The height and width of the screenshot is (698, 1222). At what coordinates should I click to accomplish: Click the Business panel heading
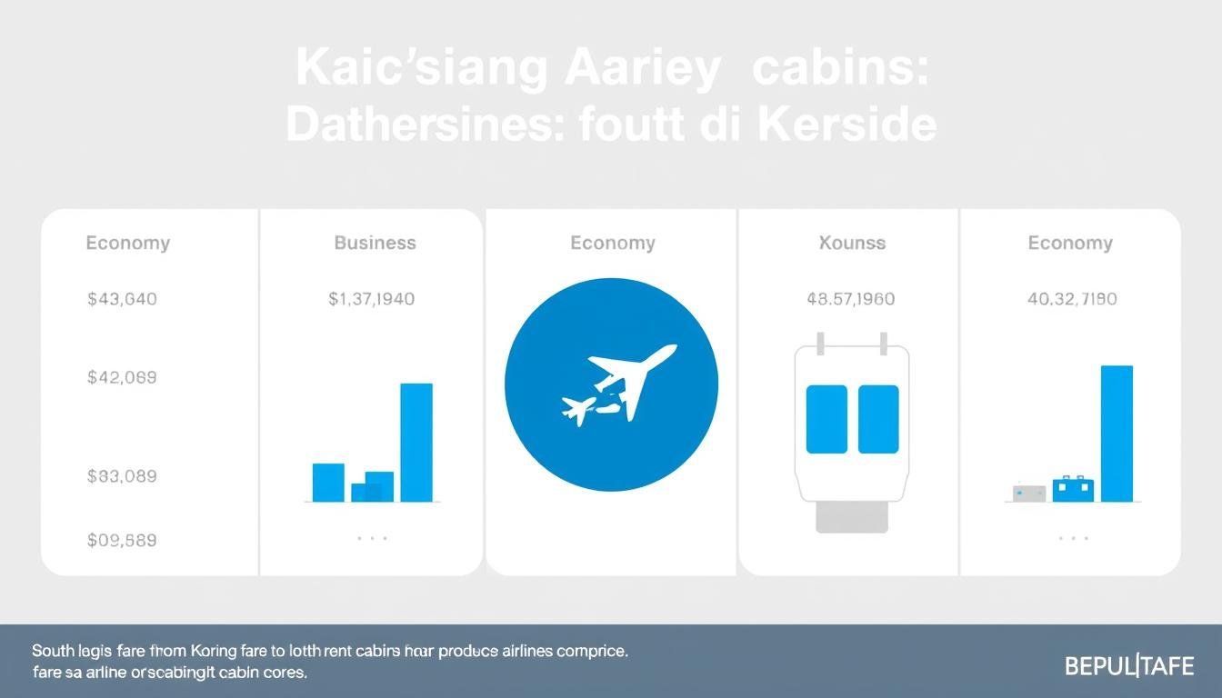click(x=375, y=243)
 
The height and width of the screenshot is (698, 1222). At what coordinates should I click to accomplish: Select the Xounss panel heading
click(x=852, y=243)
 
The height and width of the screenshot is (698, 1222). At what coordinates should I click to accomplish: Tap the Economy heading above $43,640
click(x=127, y=243)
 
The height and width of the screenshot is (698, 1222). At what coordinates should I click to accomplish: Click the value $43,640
click(x=122, y=298)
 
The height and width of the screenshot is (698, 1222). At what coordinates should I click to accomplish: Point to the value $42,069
click(x=122, y=376)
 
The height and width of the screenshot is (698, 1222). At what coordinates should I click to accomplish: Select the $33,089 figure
click(x=122, y=475)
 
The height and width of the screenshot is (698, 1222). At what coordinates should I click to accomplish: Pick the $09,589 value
click(x=122, y=540)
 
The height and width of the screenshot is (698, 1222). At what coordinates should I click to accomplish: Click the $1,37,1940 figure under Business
click(x=371, y=298)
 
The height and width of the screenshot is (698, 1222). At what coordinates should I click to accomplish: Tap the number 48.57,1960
click(x=850, y=298)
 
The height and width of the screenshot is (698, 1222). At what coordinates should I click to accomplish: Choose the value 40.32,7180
click(x=1072, y=298)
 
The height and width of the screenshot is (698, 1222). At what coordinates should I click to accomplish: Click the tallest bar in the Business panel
click(x=416, y=442)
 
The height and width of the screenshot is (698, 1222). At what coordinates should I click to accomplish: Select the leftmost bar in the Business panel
click(x=328, y=482)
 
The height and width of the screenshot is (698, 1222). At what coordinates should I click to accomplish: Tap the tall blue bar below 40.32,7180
click(x=1117, y=433)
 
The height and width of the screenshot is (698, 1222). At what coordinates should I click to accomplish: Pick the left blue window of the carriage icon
click(x=826, y=419)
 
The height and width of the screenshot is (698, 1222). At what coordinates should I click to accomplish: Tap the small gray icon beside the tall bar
click(x=1029, y=493)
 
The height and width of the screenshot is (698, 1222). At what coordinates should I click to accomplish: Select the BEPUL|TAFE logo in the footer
click(x=1129, y=666)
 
